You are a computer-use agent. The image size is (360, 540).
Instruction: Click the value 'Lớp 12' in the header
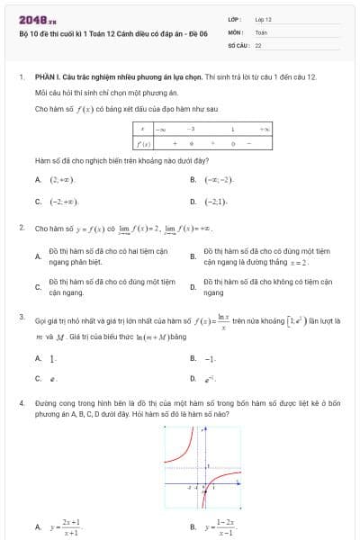pyautogui.click(x=263, y=18)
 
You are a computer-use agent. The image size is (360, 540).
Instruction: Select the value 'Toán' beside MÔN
pyautogui.click(x=261, y=31)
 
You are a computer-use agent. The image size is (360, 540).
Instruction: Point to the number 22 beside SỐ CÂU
pyautogui.click(x=258, y=43)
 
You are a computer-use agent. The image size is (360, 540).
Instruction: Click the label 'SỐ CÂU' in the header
pyautogui.click(x=237, y=43)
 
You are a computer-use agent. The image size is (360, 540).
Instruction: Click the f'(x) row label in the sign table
pyautogui.click(x=141, y=143)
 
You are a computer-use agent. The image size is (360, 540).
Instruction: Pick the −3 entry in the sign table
pyautogui.click(x=191, y=130)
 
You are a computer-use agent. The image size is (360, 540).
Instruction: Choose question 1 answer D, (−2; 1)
pyautogui.click(x=216, y=202)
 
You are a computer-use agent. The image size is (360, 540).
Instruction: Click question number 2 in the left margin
pyautogui.click(x=21, y=229)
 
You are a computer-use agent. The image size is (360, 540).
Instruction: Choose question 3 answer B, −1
pyautogui.click(x=211, y=358)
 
